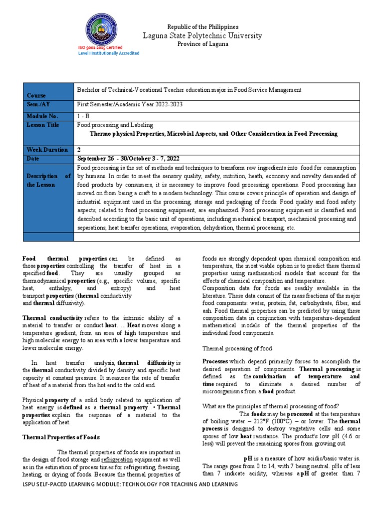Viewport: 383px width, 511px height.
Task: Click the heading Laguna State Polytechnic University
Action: (202, 35)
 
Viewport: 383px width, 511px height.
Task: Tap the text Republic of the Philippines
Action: (202, 26)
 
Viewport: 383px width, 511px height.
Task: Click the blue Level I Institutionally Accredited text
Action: (109, 53)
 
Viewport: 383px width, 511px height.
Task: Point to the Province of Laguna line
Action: (202, 44)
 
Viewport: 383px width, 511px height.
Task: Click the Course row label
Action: (36, 95)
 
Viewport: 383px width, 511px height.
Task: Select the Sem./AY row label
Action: (38, 105)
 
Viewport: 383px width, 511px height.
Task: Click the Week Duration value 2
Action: (79, 149)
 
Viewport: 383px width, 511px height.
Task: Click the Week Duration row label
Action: (47, 149)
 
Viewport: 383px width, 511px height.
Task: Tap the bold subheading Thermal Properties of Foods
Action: (61, 437)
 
